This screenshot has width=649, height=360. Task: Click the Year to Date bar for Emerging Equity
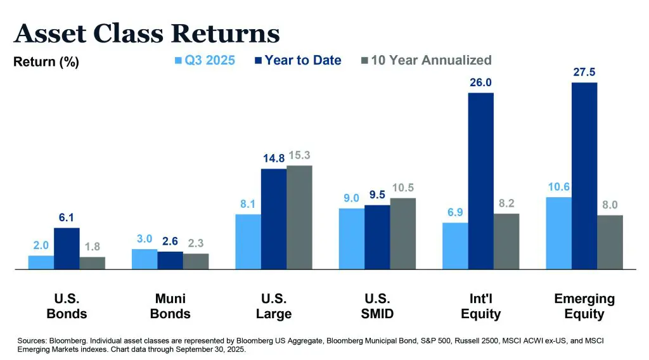584,176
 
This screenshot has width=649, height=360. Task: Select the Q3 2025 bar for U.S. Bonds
41,262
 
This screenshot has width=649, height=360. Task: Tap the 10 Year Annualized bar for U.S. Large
299,217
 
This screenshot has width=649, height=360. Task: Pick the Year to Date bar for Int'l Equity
481,181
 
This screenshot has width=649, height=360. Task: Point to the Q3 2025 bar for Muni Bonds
145,259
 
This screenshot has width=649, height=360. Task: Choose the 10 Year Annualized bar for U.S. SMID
402,234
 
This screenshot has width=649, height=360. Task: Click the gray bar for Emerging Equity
610,242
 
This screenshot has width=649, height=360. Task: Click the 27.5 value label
584,72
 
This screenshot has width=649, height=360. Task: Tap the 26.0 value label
480,82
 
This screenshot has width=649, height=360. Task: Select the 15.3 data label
299,155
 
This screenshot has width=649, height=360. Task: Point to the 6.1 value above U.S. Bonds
66,217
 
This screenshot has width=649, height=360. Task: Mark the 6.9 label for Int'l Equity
455,212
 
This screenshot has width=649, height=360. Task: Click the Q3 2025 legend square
178,60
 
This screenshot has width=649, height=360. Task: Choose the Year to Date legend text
303,60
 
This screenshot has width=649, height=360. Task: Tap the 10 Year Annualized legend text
431,60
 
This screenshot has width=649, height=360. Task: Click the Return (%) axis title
46,62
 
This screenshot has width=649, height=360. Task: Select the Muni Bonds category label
170,306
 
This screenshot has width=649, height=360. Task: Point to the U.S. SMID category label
378,306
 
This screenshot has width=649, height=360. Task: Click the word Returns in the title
226,33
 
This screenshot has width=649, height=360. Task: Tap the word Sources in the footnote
32,341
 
